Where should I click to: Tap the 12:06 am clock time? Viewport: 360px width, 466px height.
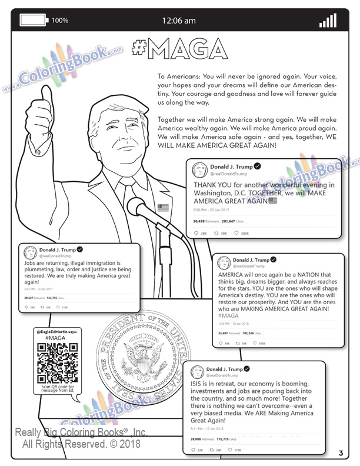tap(179, 21)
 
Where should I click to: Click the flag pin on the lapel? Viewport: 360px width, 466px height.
tap(163, 207)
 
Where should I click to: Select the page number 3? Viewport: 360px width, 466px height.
tap(341, 452)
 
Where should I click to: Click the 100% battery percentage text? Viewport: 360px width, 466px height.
tap(60, 21)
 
